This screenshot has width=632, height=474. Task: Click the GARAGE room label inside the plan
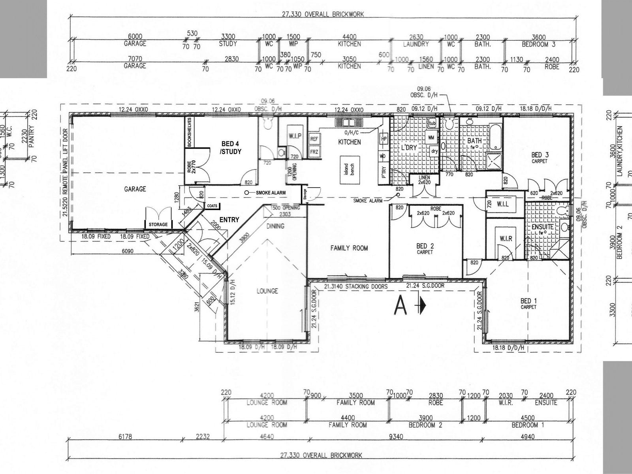tap(135, 189)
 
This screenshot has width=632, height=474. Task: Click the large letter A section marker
tap(401, 305)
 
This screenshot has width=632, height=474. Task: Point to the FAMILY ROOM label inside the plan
tap(349, 248)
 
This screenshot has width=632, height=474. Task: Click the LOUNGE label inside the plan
tap(267, 291)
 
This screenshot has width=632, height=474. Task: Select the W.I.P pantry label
tap(295, 136)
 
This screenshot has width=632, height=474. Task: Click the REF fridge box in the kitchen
tap(314, 139)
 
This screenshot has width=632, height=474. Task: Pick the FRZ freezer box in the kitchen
tap(314, 152)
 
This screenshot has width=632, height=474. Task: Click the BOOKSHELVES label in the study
tap(190, 132)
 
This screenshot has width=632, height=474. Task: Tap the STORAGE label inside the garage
tap(158, 224)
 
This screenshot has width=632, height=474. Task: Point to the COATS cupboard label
tap(212, 206)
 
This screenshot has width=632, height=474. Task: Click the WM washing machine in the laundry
tap(431, 137)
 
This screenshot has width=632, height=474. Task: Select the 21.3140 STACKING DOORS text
tap(355, 286)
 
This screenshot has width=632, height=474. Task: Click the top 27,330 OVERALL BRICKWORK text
tap(322, 14)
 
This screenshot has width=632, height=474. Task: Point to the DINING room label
tap(275, 226)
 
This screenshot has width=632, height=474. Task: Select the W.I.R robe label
tap(506, 239)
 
